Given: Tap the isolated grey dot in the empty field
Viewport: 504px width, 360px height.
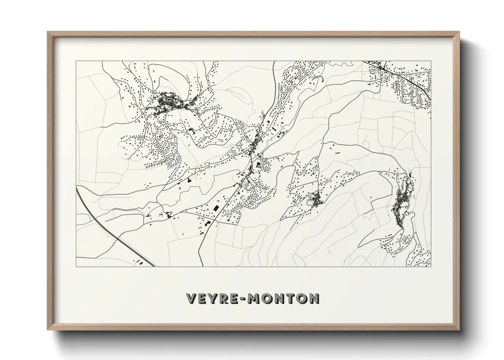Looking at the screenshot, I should (371, 197).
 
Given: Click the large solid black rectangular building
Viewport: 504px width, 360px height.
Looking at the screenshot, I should (215, 207).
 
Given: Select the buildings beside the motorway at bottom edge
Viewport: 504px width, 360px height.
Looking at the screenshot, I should (140, 261).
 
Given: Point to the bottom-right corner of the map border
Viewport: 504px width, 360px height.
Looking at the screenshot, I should (431, 266).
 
